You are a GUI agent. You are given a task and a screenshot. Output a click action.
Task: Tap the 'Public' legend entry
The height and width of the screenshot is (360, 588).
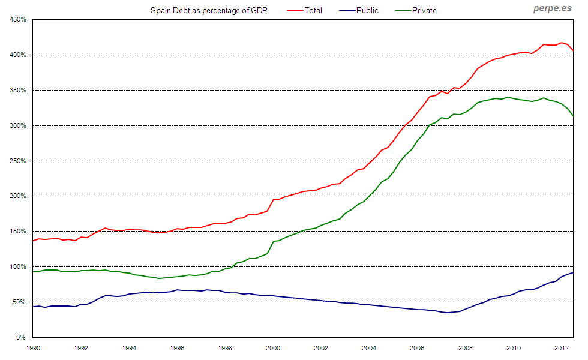367,10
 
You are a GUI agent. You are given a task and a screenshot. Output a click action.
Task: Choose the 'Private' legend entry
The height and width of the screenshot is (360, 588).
424,10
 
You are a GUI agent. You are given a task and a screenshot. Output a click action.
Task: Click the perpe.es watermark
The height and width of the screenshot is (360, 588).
552,9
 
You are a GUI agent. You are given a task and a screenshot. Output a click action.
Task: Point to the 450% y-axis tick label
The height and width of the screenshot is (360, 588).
17,20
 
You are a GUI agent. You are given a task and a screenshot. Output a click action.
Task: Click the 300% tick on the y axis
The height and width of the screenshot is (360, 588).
17,125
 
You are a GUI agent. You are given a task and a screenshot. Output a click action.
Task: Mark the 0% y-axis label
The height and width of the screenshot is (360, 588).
20,337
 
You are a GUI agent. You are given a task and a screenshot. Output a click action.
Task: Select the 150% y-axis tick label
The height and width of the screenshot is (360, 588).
17,232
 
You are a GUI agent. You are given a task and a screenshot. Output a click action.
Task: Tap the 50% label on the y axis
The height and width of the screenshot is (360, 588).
19,302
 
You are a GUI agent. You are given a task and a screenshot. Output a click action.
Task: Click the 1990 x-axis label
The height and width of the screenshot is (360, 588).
33,347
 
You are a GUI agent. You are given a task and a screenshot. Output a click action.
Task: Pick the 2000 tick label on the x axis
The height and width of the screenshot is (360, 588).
273,347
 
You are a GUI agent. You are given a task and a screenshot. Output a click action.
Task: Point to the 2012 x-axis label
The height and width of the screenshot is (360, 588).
562,347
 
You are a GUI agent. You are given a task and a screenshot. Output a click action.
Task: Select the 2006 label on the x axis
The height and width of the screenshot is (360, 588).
418,347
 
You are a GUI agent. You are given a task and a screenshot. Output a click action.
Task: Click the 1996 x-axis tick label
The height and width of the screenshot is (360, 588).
177,347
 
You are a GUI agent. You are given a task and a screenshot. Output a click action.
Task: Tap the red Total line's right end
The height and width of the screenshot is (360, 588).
573,50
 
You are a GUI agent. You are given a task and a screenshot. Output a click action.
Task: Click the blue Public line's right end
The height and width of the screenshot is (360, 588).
573,272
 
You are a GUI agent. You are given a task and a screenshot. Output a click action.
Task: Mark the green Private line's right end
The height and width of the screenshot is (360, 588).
573,115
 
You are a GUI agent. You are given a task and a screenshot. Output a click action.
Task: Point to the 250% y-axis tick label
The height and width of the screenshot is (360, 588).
17,161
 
